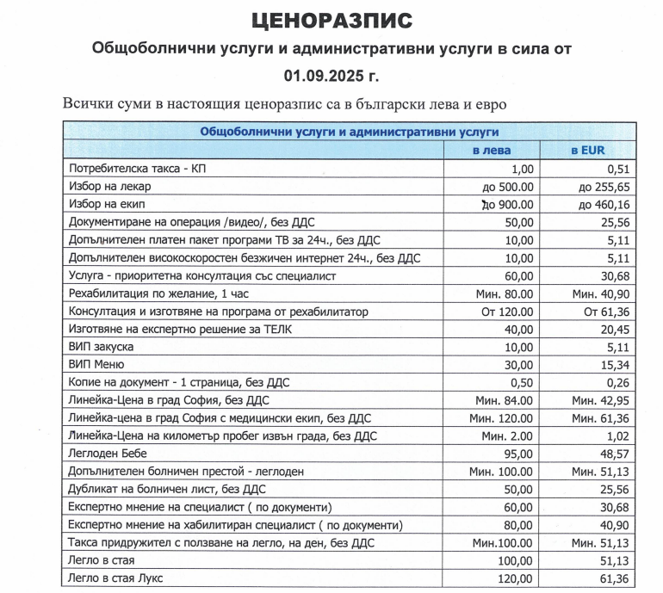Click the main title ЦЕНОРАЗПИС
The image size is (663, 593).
tap(331, 20)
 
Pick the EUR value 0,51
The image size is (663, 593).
tap(617, 169)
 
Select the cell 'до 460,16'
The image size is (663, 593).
tap(606, 205)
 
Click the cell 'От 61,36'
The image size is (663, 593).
tap(607, 312)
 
